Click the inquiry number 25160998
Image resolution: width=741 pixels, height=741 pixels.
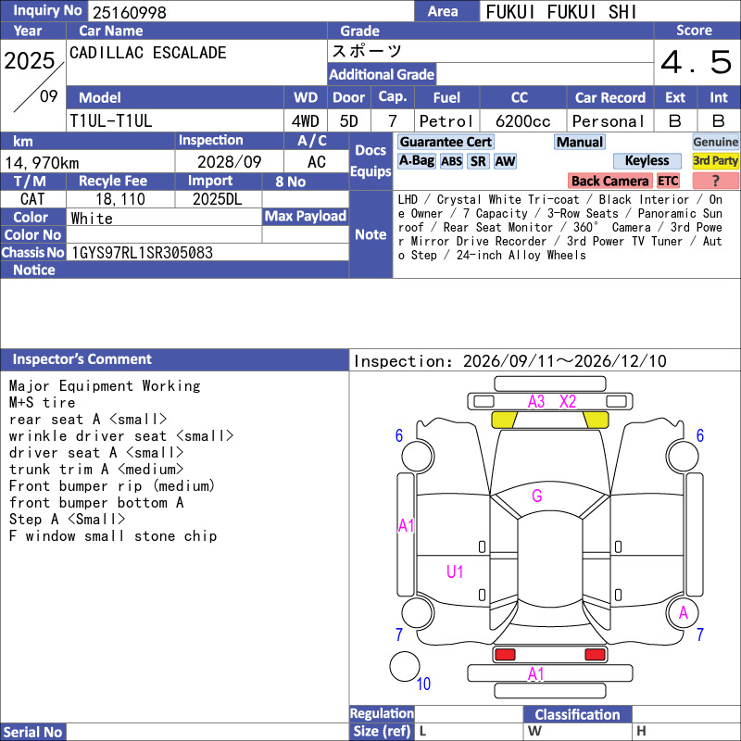(130, 12)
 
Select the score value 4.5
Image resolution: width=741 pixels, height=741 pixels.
(697, 62)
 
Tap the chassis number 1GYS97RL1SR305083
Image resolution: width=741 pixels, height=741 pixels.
(142, 253)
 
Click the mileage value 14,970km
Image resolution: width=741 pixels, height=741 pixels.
(42, 163)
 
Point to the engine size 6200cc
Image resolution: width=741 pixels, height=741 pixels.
(522, 121)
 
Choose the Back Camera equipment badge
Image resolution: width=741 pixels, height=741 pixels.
(609, 181)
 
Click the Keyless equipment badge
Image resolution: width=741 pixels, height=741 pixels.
(647, 160)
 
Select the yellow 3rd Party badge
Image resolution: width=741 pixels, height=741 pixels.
(715, 160)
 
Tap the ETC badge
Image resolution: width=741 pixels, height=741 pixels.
(668, 181)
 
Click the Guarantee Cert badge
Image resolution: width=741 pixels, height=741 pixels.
(446, 142)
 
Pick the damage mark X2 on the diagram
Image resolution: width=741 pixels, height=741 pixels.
(568, 402)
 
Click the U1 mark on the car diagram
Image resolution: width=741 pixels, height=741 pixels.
(455, 571)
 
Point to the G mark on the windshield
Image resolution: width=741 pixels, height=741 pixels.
(537, 496)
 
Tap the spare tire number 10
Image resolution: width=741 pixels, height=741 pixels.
(423, 684)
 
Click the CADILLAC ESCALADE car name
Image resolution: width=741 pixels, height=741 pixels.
(148, 53)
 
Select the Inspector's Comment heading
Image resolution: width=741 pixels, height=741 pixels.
(82, 359)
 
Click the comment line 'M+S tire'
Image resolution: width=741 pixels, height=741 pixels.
(42, 403)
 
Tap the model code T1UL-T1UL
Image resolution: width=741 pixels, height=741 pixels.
(111, 121)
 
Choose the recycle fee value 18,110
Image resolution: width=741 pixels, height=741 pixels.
(120, 199)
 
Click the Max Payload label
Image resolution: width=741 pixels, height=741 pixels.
(306, 217)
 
